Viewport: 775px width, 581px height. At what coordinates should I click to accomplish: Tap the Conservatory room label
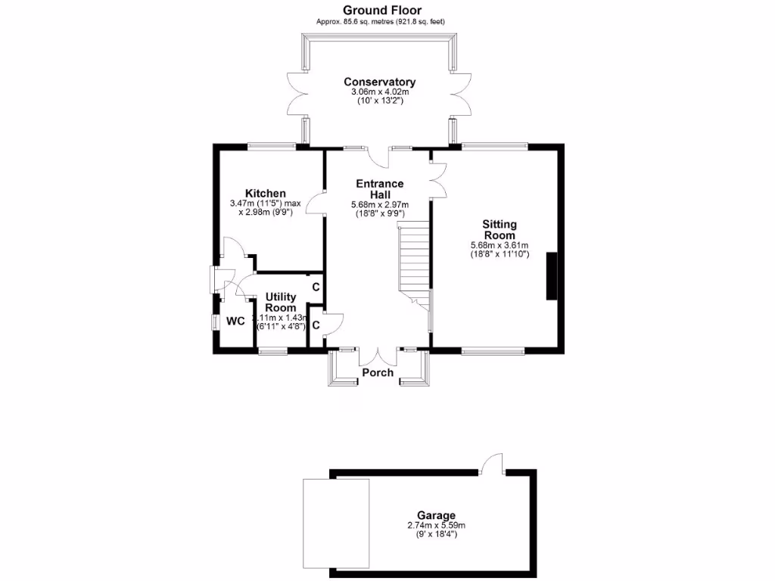click(379, 82)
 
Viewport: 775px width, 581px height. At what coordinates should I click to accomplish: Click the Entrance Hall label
click(379, 189)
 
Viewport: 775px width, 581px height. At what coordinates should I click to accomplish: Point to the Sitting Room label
click(499, 230)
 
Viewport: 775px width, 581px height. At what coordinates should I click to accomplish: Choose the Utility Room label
click(280, 303)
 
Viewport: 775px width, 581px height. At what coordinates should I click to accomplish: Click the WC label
click(236, 322)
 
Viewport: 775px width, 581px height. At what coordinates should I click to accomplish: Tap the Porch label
click(378, 372)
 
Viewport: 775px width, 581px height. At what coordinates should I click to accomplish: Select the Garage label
click(435, 516)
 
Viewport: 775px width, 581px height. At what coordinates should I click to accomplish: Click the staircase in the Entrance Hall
click(414, 261)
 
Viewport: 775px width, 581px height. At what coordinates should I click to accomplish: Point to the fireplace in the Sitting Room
click(552, 276)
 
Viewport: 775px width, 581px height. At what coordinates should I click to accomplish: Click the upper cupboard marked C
click(316, 287)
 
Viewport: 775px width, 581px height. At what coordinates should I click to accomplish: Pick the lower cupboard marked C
click(316, 325)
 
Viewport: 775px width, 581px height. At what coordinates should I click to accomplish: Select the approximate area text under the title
click(380, 22)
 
